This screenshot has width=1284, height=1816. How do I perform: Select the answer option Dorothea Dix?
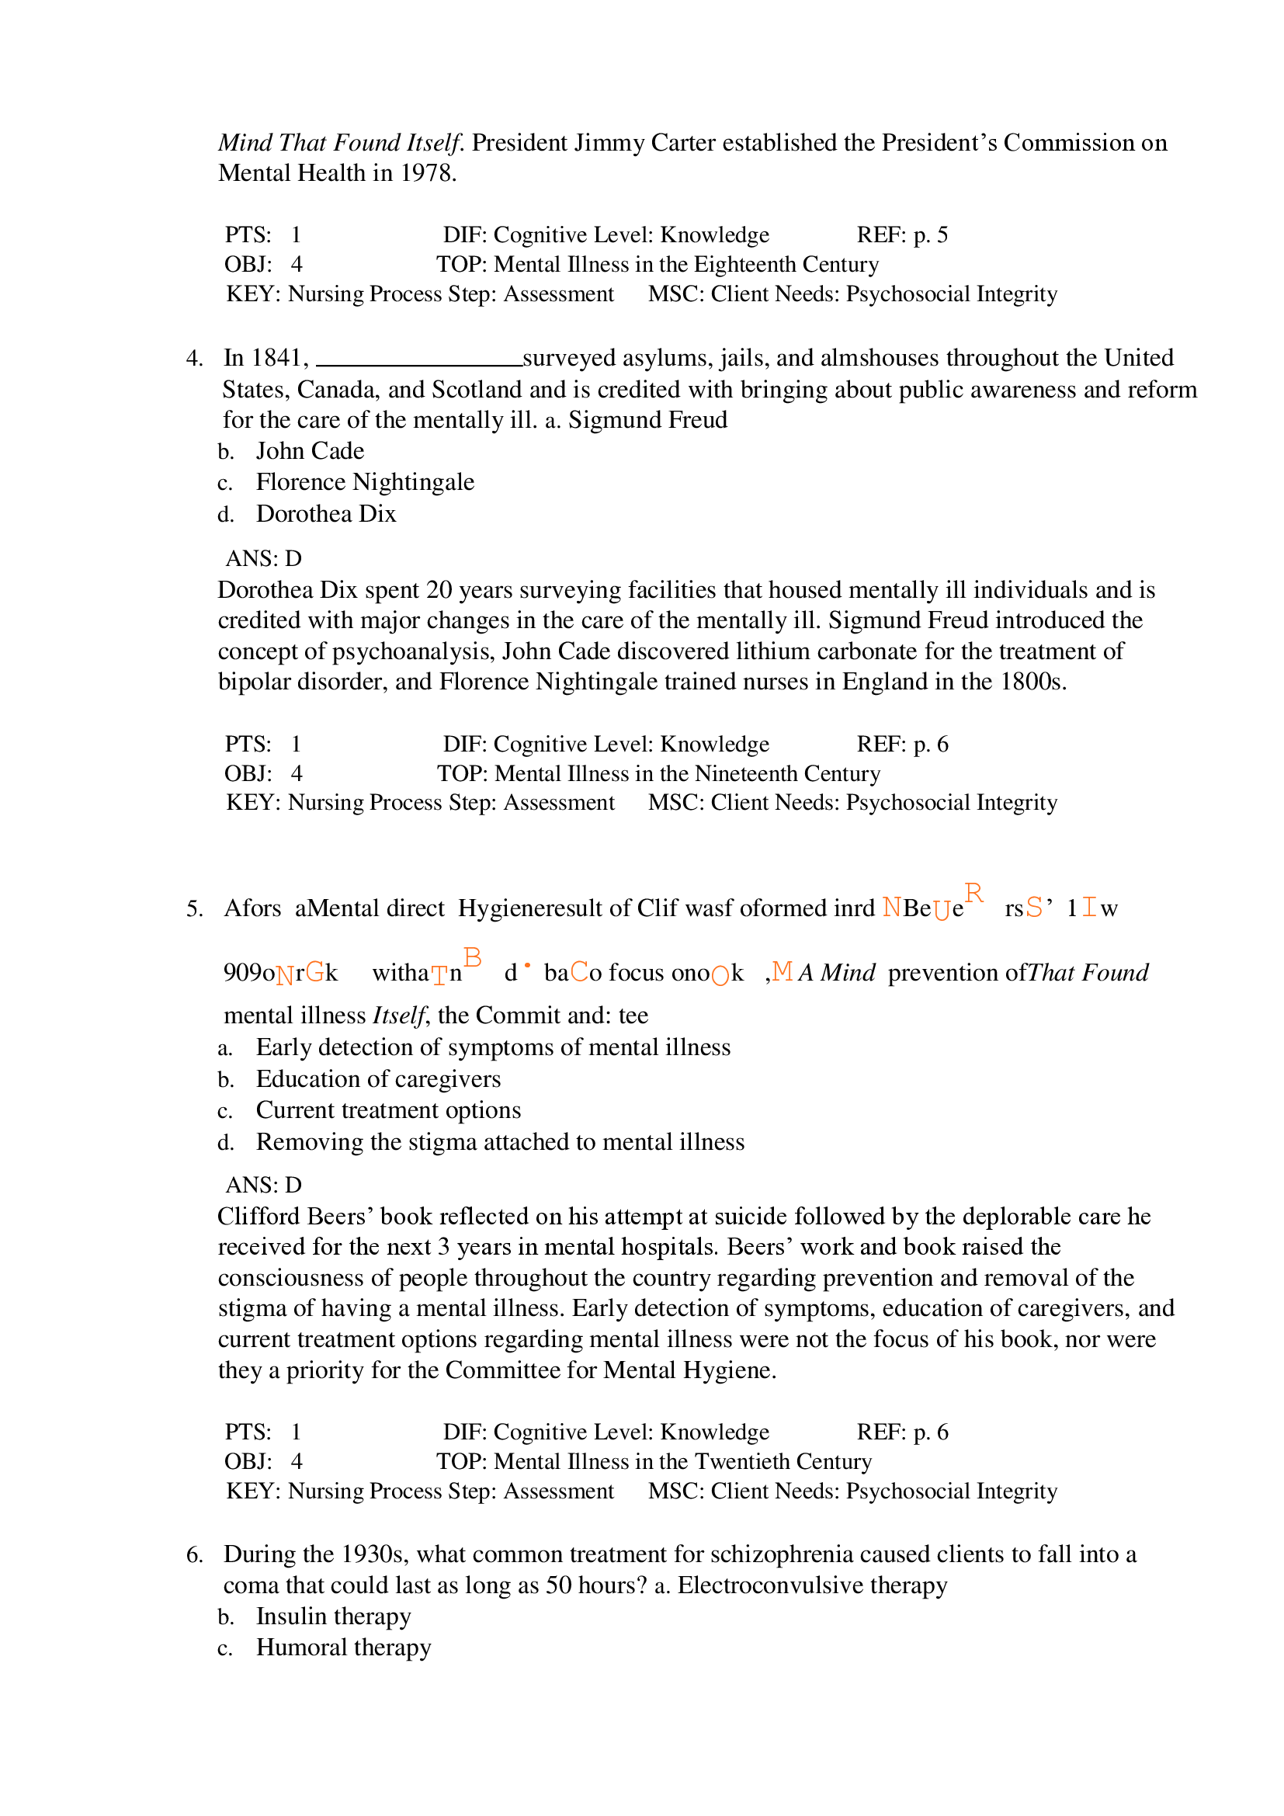click(x=326, y=514)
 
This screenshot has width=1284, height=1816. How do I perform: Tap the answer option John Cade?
click(x=310, y=452)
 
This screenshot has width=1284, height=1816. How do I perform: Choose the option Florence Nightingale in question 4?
click(x=365, y=482)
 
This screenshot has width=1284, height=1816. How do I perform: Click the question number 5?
click(x=195, y=909)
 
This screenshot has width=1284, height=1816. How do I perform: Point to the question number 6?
click(x=195, y=1555)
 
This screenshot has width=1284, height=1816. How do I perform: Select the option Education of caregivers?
click(x=378, y=1080)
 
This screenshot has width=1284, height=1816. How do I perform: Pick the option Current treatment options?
click(x=388, y=1110)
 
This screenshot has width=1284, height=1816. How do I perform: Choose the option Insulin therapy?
click(x=333, y=1616)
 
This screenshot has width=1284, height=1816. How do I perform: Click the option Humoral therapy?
click(x=343, y=1648)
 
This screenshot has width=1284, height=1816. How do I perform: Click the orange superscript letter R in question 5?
click(x=973, y=894)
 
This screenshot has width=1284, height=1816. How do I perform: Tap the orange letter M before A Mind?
click(x=782, y=971)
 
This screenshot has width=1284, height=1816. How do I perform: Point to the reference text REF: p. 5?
click(x=902, y=235)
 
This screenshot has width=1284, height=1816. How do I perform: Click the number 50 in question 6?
click(x=558, y=1586)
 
